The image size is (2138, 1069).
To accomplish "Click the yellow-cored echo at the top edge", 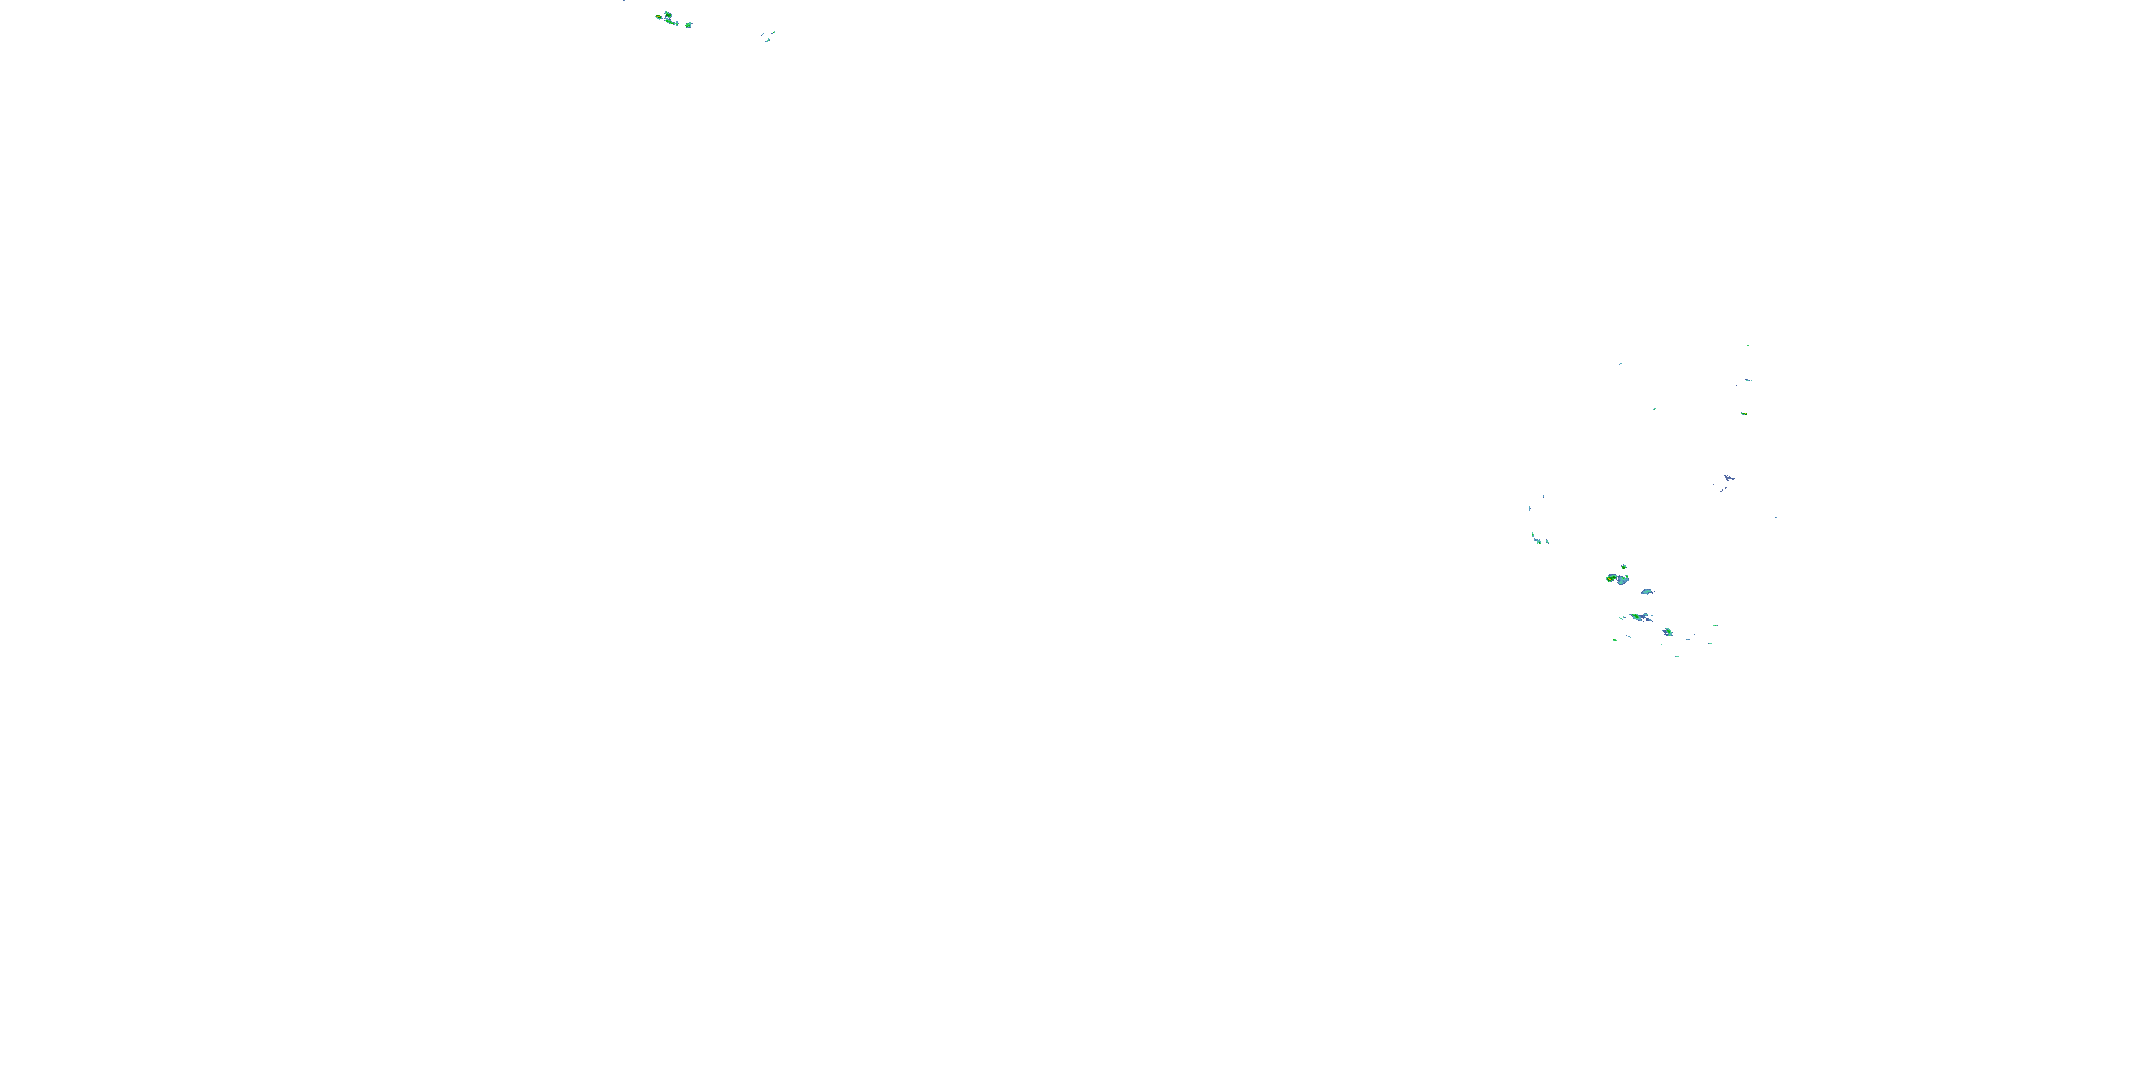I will coord(659,16).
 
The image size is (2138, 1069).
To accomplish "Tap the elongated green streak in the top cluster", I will coord(671,22).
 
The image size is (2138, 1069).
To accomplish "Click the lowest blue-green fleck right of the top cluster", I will coord(768,40).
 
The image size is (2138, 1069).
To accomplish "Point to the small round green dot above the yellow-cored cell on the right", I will coord(1623,567).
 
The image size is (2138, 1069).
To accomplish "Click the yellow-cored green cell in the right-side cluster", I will coord(1611,578).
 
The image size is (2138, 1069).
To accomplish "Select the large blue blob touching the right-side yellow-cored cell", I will coord(1622,579).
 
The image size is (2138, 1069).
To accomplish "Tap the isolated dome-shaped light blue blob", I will coord(1647,592).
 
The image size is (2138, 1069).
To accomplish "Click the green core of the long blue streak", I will coord(1635,616).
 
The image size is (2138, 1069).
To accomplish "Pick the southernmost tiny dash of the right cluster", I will coord(1678,656).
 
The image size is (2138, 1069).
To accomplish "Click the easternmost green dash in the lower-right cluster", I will coord(1715,626).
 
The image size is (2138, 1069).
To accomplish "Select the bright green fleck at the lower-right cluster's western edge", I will coord(1614,639).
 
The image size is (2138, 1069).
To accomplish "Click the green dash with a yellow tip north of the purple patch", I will coord(1744,413).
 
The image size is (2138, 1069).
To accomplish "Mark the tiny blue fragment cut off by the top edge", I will coord(624,1).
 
